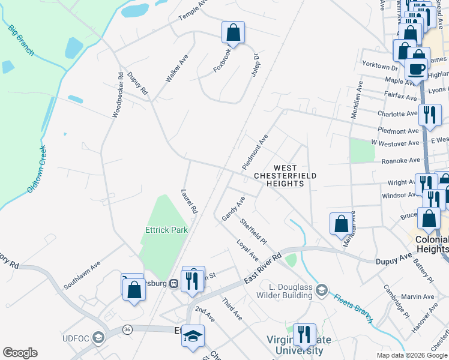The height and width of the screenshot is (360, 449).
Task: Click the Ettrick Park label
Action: (x=166, y=229)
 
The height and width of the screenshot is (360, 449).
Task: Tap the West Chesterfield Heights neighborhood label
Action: (x=285, y=176)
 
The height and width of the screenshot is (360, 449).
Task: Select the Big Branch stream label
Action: (x=21, y=40)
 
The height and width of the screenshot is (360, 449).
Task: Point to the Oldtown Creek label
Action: (x=37, y=169)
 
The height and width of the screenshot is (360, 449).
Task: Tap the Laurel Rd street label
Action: (x=189, y=202)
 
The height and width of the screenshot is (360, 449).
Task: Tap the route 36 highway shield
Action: (x=127, y=329)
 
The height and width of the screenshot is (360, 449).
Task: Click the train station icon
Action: (x=173, y=283)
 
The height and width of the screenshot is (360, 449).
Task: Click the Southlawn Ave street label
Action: (x=82, y=275)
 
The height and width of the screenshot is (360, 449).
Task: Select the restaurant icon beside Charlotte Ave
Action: (x=430, y=115)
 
